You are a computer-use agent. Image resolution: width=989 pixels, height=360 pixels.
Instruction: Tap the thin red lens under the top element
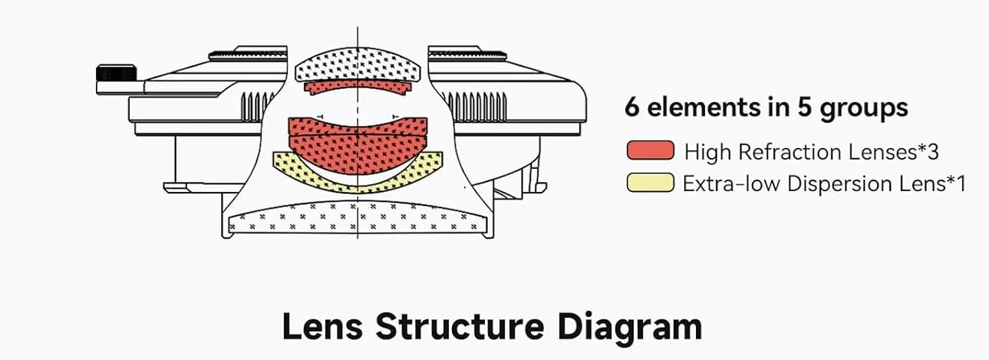[358, 87]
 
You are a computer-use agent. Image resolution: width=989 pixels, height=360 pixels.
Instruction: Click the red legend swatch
[650, 150]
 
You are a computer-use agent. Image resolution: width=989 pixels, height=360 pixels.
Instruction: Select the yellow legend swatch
[650, 183]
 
